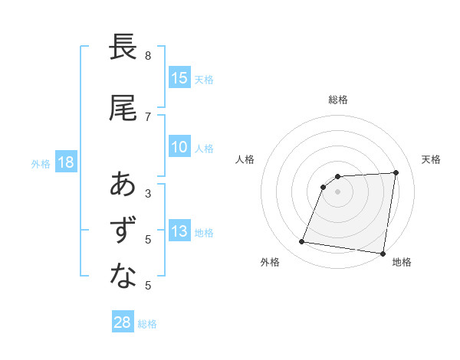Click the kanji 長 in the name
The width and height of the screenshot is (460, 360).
[123, 47]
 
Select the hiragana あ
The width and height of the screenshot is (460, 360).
[123, 185]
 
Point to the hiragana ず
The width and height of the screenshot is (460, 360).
[123, 231]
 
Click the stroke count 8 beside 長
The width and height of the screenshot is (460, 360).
[148, 56]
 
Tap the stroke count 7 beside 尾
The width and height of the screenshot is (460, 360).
[148, 116]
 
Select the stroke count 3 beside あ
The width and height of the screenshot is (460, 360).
[148, 193]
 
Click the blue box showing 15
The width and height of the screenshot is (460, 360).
[179, 77]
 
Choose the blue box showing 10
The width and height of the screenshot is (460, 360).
[179, 148]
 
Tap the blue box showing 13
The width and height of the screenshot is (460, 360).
[179, 232]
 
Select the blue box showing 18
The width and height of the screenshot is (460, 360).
[64, 162]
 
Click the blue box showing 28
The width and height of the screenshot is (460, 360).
[122, 322]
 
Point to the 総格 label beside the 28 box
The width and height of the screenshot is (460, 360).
[147, 324]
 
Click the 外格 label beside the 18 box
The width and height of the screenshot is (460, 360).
[41, 164]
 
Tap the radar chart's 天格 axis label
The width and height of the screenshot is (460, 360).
[432, 159]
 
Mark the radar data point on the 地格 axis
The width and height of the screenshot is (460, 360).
[383, 253]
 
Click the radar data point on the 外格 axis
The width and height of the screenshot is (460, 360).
[302, 242]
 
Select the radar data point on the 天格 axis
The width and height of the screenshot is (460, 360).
[396, 172]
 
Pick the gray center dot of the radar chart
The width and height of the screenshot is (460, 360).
[338, 191]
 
